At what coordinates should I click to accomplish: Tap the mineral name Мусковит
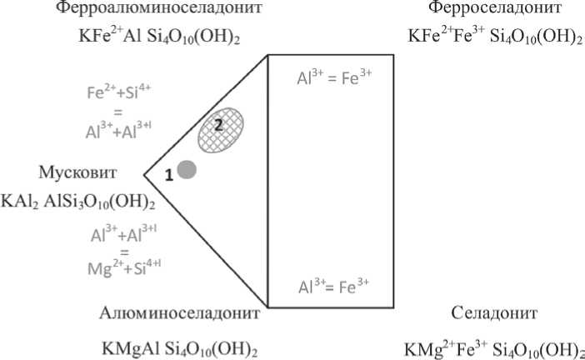[x=77, y=172]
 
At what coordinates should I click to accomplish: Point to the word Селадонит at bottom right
[x=494, y=313]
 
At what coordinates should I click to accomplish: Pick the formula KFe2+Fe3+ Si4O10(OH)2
[x=495, y=37]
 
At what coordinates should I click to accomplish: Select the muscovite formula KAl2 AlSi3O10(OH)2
[x=79, y=202]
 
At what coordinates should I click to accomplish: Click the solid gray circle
[x=187, y=171]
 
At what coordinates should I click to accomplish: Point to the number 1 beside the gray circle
[x=168, y=175]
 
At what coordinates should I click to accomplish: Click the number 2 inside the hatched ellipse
[x=217, y=123]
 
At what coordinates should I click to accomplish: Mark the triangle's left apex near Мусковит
[x=144, y=176]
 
